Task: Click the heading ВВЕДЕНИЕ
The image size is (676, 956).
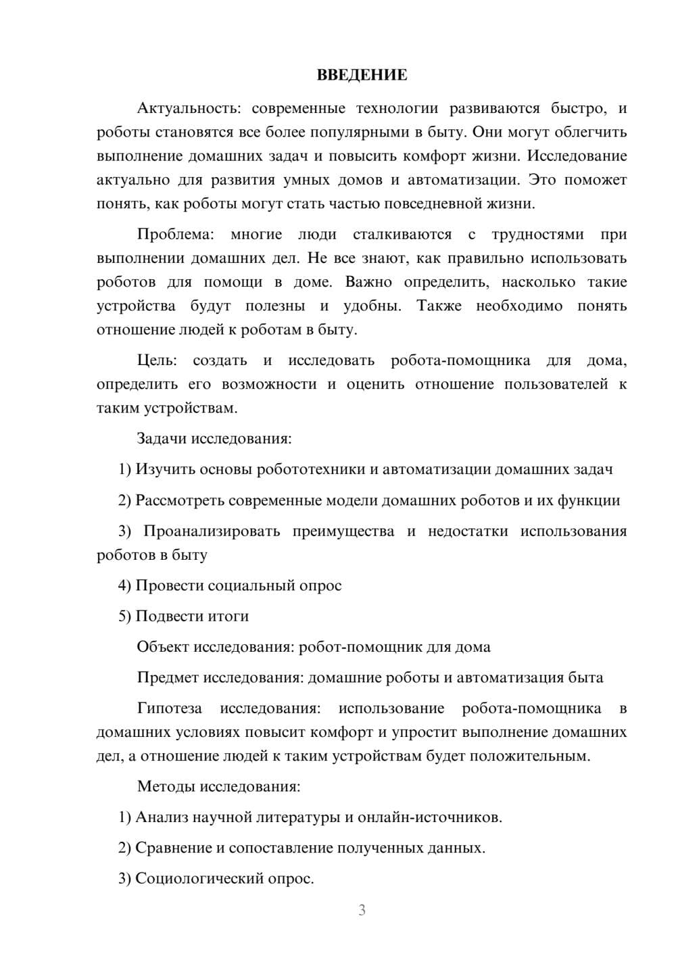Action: click(x=362, y=75)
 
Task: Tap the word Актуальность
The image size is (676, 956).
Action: click(x=179, y=109)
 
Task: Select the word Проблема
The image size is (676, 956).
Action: click(x=175, y=235)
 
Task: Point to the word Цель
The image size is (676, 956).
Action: click(x=155, y=361)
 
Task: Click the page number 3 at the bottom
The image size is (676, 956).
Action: click(x=362, y=910)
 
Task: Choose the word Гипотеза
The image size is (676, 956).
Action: click(x=169, y=709)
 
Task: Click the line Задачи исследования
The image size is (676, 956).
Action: click(x=214, y=439)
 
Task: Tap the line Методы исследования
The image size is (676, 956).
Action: click(x=218, y=786)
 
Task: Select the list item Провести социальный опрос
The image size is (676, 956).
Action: click(x=230, y=585)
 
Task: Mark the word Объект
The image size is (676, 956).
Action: click(x=163, y=647)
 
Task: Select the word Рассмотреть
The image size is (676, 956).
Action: click(x=180, y=501)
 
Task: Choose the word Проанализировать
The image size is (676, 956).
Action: click(x=212, y=531)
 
